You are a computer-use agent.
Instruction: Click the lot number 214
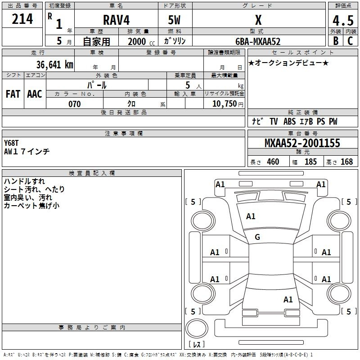point(22,19)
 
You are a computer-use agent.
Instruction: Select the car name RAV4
point(116,20)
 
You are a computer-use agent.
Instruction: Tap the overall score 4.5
point(343,20)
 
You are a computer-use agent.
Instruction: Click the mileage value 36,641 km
point(54,64)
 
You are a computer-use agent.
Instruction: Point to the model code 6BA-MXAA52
point(258,41)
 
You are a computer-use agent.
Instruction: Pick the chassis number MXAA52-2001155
point(302,143)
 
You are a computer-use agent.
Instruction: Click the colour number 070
point(75,104)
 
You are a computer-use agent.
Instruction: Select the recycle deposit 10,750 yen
point(228,104)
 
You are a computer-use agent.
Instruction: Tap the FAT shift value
point(13,94)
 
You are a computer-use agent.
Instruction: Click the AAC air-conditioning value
point(35,94)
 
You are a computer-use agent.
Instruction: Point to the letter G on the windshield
point(257,237)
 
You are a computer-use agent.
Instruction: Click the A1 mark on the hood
point(251,216)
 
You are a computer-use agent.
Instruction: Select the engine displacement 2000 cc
point(141,41)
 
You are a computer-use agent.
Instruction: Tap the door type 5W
point(174,20)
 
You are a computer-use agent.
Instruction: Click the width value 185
point(310,162)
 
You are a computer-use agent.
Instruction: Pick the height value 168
point(346,162)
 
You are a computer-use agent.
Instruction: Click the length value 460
point(273,162)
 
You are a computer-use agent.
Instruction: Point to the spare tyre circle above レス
point(197,328)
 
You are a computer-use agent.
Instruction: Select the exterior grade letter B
point(336,41)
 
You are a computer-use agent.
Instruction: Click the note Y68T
point(11,143)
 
